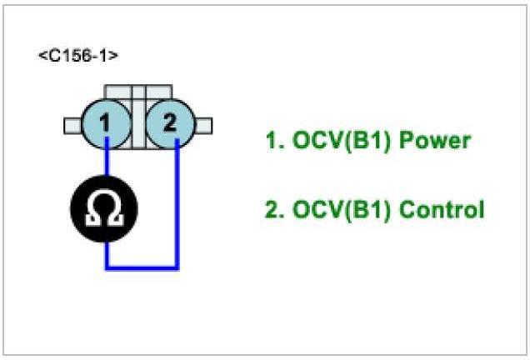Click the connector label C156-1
[77, 57]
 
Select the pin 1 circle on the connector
[106, 124]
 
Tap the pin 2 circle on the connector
[169, 124]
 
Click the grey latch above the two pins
[137, 92]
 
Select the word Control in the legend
[442, 209]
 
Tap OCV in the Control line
[313, 209]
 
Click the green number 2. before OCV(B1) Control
[273, 209]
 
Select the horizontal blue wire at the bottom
[142, 267]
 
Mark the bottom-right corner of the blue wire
[177, 267]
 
